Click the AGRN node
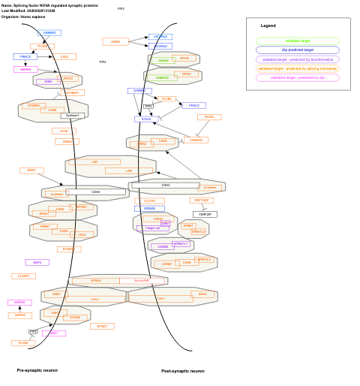pos(115,42)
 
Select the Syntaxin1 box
pos(73,116)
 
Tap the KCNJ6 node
pos(147,119)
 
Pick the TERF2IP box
pos(205,214)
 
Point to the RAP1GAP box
pos(202,201)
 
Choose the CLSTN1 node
pos(149,201)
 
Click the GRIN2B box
pos(149,208)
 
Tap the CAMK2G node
pos(196,140)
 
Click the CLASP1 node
pos(23,276)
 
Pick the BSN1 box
pos(31,170)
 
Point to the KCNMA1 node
pos(72,93)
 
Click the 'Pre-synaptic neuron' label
pos(37,370)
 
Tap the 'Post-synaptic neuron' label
pos(182,371)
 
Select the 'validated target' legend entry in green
pos(298,41)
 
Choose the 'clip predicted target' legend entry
pos(298,50)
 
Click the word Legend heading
pos(268,26)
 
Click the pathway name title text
pos(49,5)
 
